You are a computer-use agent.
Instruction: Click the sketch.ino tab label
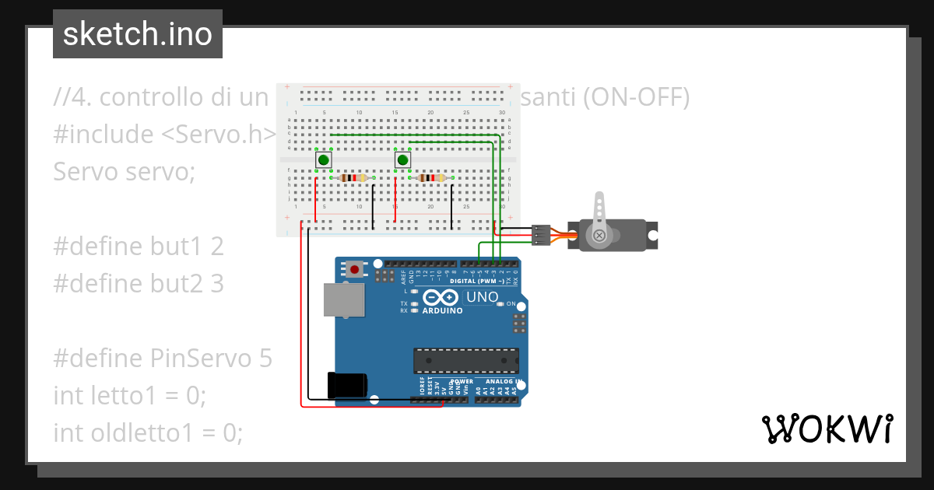pos(138,34)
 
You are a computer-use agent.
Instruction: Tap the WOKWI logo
pos(827,429)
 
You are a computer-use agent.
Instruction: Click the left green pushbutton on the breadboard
pos(323,160)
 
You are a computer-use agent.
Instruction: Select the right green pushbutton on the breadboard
pos(402,160)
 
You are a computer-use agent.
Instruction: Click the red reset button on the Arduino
pos(355,269)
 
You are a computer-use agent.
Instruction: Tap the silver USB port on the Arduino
pos(344,299)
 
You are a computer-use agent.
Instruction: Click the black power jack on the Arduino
pos(346,386)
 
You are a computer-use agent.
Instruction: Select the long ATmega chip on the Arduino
pos(465,361)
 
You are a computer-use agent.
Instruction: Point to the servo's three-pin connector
pos(540,235)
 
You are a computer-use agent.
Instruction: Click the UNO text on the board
pos(482,297)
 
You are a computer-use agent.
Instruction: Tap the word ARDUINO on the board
pos(442,310)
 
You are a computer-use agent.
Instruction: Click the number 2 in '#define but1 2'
pos(217,247)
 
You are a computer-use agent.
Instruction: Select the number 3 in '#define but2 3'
pos(217,284)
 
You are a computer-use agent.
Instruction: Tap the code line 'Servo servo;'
pos(124,171)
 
